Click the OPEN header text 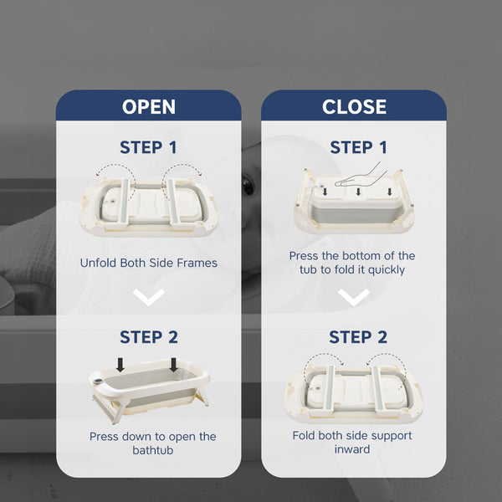pos(149,106)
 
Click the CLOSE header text pos(354,106)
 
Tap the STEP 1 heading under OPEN pos(148,147)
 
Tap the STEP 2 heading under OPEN pos(149,337)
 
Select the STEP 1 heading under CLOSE pos(359,147)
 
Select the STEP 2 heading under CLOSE pos(358,337)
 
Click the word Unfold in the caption pos(98,263)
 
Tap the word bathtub pos(153,450)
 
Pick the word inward pos(352,449)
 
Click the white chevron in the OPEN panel pos(149,296)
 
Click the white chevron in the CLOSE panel pos(353,296)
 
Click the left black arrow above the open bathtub pos(120,365)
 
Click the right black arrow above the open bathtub pos(173,365)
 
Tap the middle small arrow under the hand pos(358,192)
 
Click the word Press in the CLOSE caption pos(305,256)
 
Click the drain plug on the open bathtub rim pos(99,381)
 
